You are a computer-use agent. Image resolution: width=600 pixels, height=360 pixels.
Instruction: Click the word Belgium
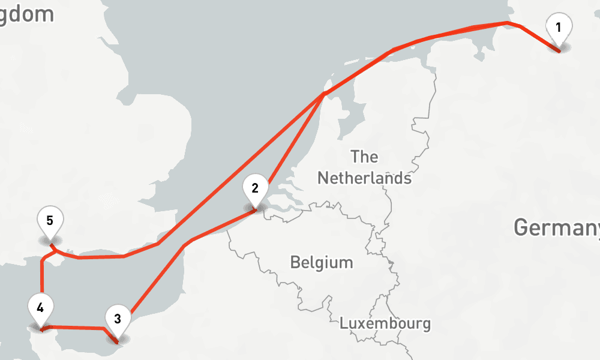pyautogui.click(x=322, y=262)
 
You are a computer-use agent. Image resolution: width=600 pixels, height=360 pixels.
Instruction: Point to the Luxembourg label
pyautogui.click(x=385, y=323)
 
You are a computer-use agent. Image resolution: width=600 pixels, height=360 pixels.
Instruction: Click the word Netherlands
pyautogui.click(x=364, y=178)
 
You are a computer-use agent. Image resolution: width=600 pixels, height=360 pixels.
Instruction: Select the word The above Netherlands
pyautogui.click(x=364, y=157)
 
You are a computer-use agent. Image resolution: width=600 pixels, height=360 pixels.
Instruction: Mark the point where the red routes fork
pyautogui.click(x=325, y=94)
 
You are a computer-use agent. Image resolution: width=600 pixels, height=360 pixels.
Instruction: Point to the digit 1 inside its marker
pyautogui.click(x=559, y=27)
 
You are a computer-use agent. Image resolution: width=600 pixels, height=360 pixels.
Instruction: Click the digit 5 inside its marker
pyautogui.click(x=50, y=220)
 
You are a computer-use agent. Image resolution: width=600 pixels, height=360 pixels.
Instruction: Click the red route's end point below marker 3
pyautogui.click(x=118, y=343)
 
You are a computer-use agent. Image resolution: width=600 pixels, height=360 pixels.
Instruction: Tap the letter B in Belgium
pyautogui.click(x=295, y=262)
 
